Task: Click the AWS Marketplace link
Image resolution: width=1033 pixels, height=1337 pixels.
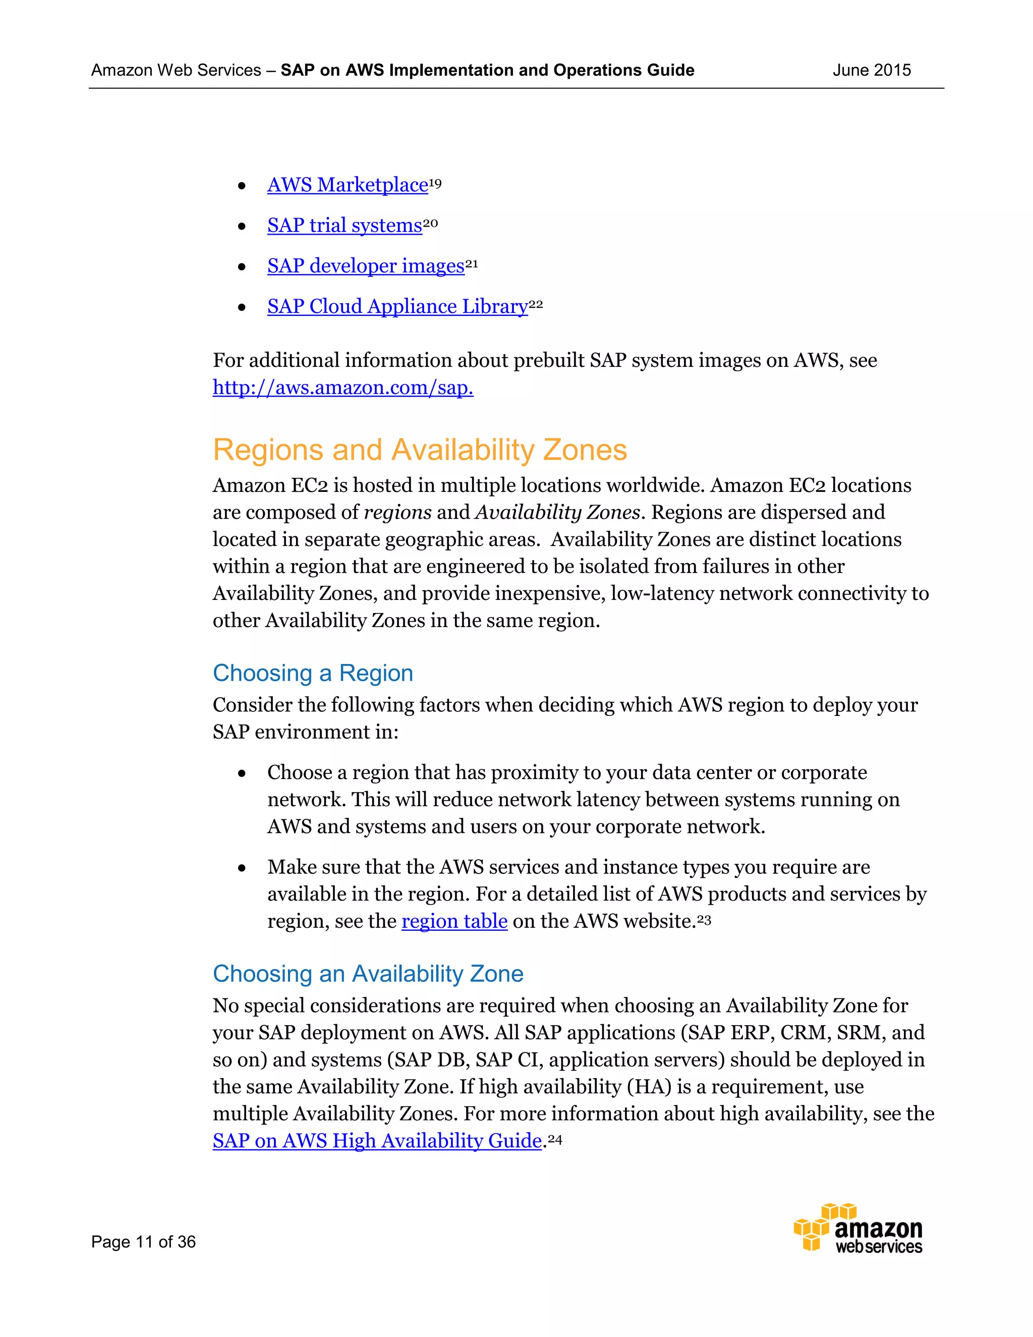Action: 347,185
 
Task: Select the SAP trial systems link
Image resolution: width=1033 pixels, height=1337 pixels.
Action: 345,226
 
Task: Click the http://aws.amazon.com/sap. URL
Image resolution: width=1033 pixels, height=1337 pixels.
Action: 342,387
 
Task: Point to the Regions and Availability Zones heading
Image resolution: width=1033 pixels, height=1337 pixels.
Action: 420,450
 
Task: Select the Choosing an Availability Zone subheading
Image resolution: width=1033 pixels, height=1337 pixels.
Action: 368,974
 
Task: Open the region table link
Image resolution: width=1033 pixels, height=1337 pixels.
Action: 454,921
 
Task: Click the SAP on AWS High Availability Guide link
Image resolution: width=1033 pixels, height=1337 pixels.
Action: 377,1141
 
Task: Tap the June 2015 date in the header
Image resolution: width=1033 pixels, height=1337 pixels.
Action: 872,71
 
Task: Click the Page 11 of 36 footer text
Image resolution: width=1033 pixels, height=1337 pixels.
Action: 143,1242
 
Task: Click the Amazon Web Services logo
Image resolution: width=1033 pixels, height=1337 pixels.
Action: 858,1228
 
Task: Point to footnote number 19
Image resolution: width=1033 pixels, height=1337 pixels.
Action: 435,183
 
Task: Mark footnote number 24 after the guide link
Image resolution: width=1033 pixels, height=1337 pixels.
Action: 554,1139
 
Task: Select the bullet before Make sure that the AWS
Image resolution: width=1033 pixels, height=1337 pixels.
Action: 242,868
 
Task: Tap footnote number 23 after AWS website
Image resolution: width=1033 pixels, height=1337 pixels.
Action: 704,919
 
